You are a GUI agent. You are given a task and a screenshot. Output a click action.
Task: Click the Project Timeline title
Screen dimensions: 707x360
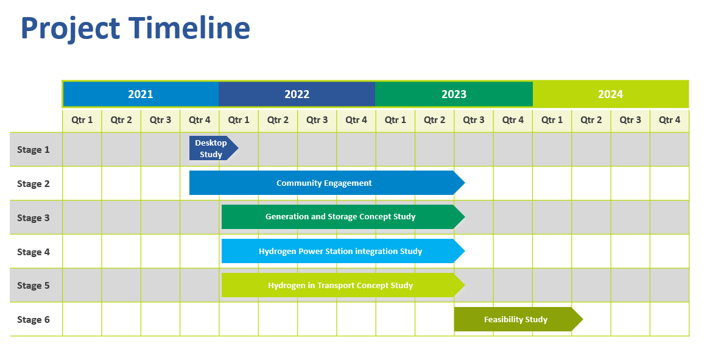[135, 29]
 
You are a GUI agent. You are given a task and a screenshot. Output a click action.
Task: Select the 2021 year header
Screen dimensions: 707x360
[141, 94]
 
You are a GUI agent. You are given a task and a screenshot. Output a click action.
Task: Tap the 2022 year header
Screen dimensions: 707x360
[297, 94]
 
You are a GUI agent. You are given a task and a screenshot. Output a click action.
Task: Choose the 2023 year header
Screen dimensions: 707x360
[454, 94]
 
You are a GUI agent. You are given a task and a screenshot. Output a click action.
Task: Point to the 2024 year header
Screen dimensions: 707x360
[611, 94]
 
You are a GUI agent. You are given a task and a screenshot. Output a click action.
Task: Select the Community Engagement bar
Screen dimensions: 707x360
[327, 183]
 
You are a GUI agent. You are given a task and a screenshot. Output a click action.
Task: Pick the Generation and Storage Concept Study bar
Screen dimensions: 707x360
[343, 217]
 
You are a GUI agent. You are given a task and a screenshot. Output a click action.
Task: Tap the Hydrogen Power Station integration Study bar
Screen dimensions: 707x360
[343, 251]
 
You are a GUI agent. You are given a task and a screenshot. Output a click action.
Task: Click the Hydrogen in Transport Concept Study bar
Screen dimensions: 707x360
[343, 285]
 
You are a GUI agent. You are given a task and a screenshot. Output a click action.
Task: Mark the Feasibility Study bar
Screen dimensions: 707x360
[518, 319]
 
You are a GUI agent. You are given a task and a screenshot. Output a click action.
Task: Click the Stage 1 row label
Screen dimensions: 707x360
[33, 150]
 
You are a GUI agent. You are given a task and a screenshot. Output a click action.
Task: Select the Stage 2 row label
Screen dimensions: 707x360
[33, 183]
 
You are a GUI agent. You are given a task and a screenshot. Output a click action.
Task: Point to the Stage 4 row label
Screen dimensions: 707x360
[33, 252]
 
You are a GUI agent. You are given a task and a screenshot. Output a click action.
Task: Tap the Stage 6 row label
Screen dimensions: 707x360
[33, 319]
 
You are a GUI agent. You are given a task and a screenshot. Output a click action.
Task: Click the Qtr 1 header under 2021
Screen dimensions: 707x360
[82, 120]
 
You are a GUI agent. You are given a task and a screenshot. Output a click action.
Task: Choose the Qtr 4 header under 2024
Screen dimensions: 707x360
[670, 120]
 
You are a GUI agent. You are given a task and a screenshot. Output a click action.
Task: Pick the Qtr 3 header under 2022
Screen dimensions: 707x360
[317, 120]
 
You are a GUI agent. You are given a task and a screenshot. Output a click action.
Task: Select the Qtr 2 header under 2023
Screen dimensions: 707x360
[435, 120]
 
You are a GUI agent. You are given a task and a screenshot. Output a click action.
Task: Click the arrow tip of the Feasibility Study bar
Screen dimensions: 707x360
[583, 319]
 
